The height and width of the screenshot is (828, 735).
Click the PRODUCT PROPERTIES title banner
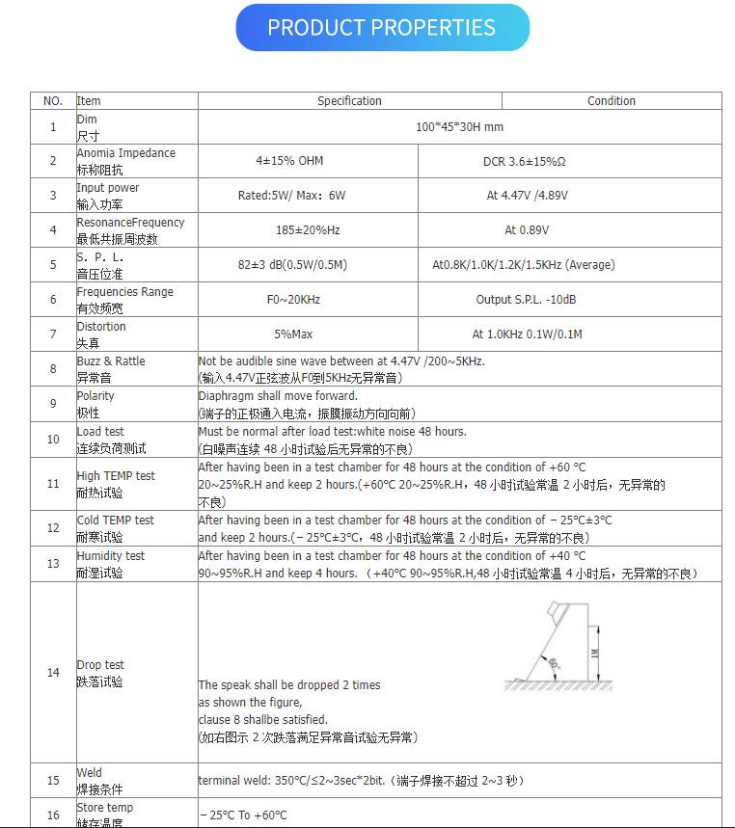[x=382, y=28]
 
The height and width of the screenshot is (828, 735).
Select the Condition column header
[x=612, y=100]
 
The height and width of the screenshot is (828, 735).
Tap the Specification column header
[x=349, y=100]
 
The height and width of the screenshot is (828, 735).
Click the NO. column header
[x=53, y=100]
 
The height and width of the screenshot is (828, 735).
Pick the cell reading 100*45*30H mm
[x=459, y=127]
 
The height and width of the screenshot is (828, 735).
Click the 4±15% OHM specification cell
[x=289, y=161]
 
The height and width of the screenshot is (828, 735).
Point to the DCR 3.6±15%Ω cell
[x=524, y=161]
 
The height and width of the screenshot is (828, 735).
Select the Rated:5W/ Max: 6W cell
[x=291, y=196]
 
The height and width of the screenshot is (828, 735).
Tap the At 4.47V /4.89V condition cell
[x=527, y=196]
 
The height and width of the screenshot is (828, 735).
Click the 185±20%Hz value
[x=308, y=230]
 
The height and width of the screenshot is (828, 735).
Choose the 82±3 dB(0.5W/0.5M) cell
[x=292, y=265]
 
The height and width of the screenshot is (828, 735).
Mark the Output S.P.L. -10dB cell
[x=527, y=300]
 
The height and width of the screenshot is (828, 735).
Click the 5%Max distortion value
[x=293, y=334]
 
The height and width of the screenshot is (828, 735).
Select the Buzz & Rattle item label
[x=111, y=361]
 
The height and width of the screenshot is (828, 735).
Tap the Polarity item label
[x=95, y=396]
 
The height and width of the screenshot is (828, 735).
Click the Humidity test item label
[x=111, y=556]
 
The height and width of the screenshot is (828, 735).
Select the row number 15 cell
[x=53, y=781]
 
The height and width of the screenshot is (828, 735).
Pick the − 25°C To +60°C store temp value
[x=244, y=815]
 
